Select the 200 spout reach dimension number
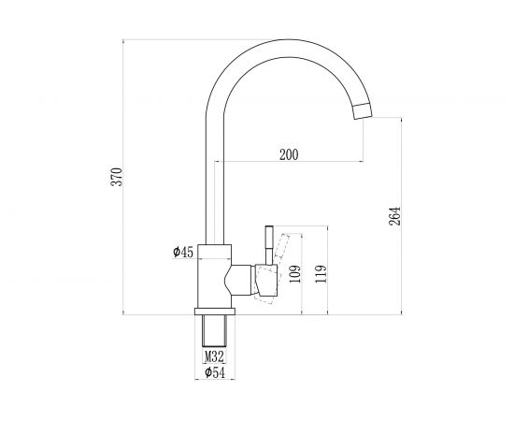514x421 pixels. [289, 155]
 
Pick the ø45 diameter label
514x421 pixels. [183, 252]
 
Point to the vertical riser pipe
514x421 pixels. [211, 178]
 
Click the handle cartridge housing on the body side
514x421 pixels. [246, 279]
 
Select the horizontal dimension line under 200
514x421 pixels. [289, 164]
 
